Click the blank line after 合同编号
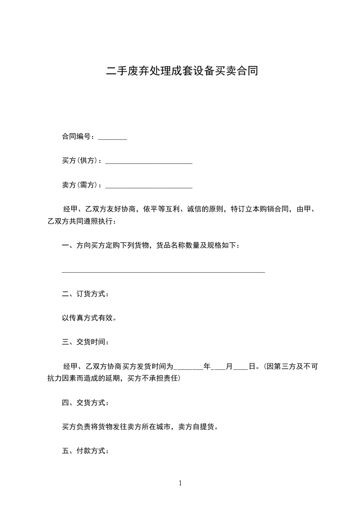113,138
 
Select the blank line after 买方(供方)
148,162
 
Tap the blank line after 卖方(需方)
148,186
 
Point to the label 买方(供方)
82,161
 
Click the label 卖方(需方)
82,185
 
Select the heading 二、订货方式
85,294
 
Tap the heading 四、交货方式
85,402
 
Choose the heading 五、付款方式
85,451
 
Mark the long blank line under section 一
163,272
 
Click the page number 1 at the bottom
180,484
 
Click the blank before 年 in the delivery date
189,368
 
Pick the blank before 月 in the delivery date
218,368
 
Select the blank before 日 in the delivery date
241,368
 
